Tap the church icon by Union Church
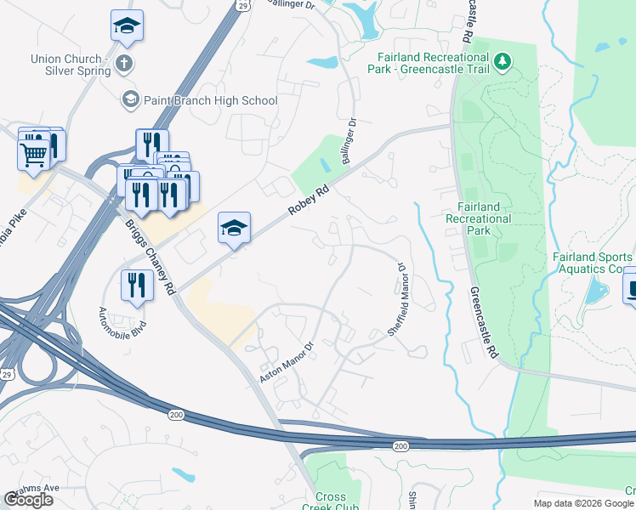[x=123, y=62]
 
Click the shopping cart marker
[x=33, y=155]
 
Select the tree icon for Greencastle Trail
[x=503, y=60]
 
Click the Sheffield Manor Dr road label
[x=398, y=298]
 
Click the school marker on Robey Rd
[x=234, y=227]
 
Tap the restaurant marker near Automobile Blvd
[x=135, y=285]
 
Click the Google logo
[x=28, y=499]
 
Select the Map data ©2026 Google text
[x=582, y=503]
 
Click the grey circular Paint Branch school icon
[x=130, y=100]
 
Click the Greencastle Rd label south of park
[x=482, y=323]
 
